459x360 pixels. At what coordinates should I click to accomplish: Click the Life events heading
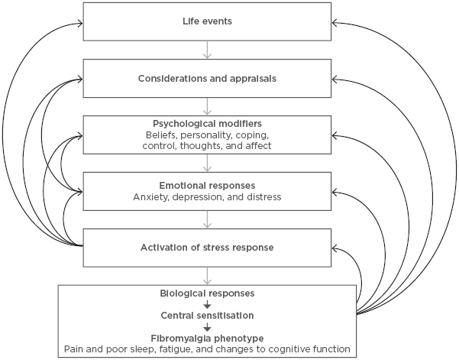[207, 21]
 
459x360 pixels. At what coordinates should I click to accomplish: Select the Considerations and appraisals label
[207, 78]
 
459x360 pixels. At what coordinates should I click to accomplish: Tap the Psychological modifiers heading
[207, 122]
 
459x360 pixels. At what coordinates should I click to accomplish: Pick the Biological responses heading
[207, 292]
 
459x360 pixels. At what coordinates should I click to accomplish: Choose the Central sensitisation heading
[207, 314]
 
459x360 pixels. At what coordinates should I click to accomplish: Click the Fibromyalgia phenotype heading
[207, 336]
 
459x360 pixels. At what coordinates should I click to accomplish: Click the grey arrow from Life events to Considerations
[207, 49]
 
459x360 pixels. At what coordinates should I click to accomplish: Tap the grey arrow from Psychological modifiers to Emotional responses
[207, 162]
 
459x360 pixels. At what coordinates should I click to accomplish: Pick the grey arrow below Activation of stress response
[207, 275]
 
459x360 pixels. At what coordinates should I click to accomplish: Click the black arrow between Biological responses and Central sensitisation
[207, 303]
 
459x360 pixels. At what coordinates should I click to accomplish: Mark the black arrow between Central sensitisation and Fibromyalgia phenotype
[207, 326]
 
